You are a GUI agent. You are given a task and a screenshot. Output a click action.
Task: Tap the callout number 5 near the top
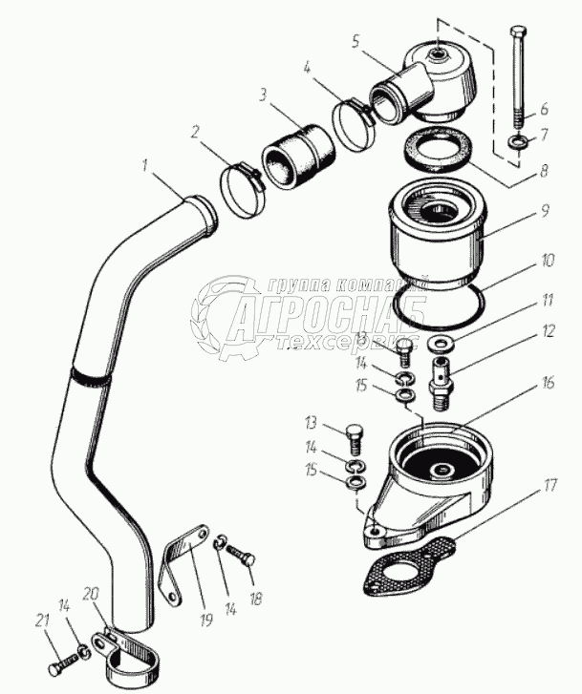[x=356, y=41]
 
